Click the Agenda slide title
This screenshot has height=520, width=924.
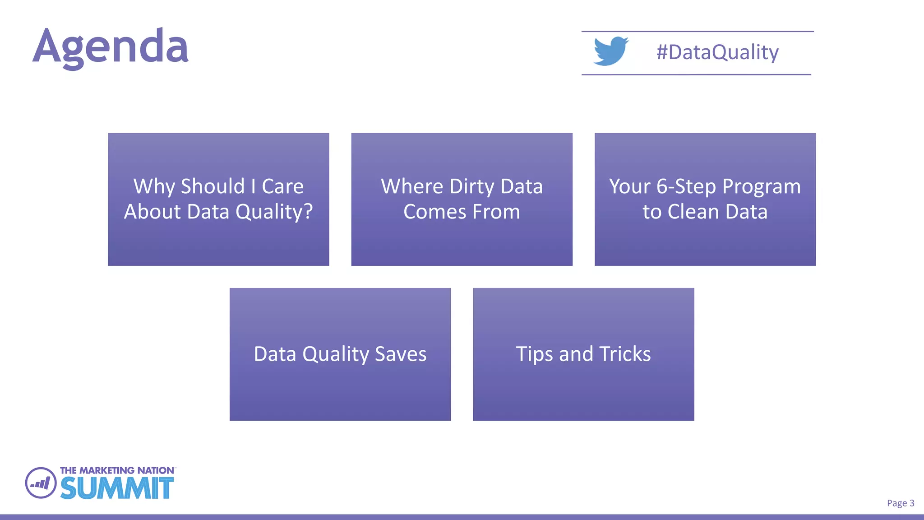(111, 46)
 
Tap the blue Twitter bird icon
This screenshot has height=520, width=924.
(610, 51)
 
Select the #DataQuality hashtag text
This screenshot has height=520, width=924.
(717, 52)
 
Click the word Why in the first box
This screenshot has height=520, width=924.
(153, 186)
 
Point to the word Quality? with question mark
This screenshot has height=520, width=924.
(274, 212)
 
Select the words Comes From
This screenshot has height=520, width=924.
(462, 212)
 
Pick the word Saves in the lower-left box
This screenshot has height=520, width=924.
(401, 354)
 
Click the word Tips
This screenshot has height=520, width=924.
(535, 354)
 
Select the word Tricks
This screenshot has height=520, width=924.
(625, 354)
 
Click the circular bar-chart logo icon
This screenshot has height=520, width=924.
(41, 483)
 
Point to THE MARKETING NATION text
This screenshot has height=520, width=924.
(117, 470)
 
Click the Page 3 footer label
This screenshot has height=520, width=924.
(900, 503)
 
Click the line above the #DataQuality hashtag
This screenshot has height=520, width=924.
(697, 32)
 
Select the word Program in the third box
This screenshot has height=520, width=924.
(762, 186)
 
